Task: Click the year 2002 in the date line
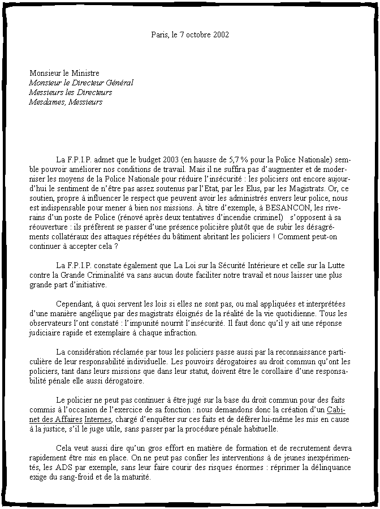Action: click(221, 35)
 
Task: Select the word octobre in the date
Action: click(198, 35)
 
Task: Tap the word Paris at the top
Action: click(158, 35)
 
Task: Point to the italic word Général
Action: click(119, 83)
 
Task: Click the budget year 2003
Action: click(170, 159)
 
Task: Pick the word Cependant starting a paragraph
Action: click(75, 303)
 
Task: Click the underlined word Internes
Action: click(98, 419)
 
